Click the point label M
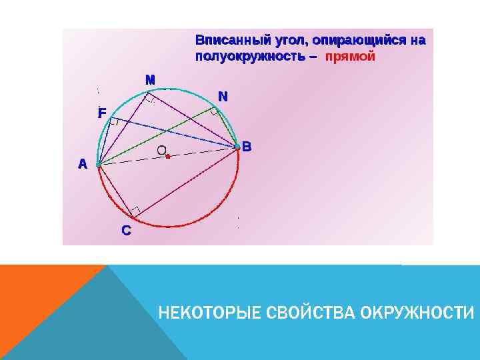coord(151,79)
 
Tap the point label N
coord(223,97)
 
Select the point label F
coord(101,113)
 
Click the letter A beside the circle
coord(82,163)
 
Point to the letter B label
coord(247,146)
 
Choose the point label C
coord(126,231)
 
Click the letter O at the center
coord(161,151)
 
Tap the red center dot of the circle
coord(168,157)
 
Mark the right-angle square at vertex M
coord(151,98)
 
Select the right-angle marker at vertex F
coord(114,122)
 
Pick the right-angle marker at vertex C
coord(135,213)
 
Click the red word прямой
coord(350,57)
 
